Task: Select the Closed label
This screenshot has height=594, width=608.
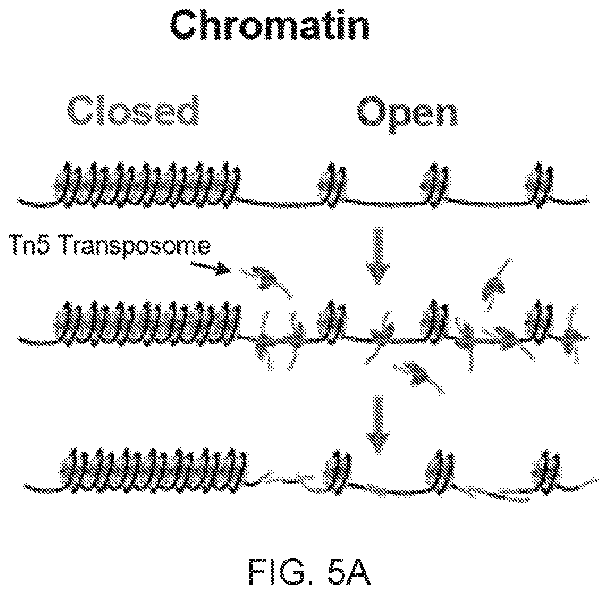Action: tap(133, 111)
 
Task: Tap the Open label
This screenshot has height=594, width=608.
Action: tap(407, 114)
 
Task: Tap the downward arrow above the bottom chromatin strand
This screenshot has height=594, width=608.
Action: tap(377, 425)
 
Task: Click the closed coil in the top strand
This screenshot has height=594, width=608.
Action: tap(147, 184)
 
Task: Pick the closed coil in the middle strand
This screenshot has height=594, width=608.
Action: tap(147, 323)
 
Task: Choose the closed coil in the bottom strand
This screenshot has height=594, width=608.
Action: tap(153, 470)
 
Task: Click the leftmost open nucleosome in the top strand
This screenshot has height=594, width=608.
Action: tap(332, 184)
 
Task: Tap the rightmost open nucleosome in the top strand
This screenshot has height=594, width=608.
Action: tap(539, 184)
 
